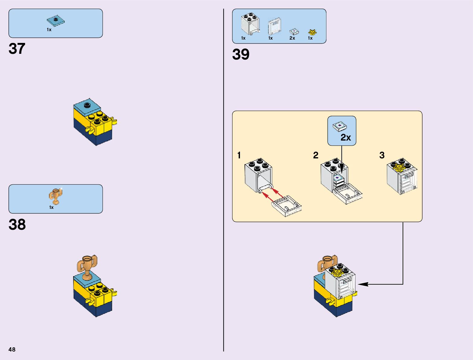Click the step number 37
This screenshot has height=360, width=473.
click(17, 49)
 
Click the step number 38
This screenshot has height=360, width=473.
click(17, 225)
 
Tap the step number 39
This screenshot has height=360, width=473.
click(241, 54)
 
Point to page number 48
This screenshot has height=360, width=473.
click(12, 349)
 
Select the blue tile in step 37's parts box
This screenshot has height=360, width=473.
click(56, 21)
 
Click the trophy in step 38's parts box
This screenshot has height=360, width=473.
click(55, 196)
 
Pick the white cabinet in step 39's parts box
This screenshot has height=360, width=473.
click(250, 24)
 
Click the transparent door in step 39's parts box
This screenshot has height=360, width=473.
click(274, 27)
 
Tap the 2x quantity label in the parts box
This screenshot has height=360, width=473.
click(292, 38)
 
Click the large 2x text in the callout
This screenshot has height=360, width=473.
click(345, 138)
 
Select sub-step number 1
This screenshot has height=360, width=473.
click(239, 155)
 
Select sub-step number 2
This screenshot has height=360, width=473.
click(316, 155)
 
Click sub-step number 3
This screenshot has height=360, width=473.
click(382, 155)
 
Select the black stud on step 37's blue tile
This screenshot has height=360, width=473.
click(87, 105)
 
